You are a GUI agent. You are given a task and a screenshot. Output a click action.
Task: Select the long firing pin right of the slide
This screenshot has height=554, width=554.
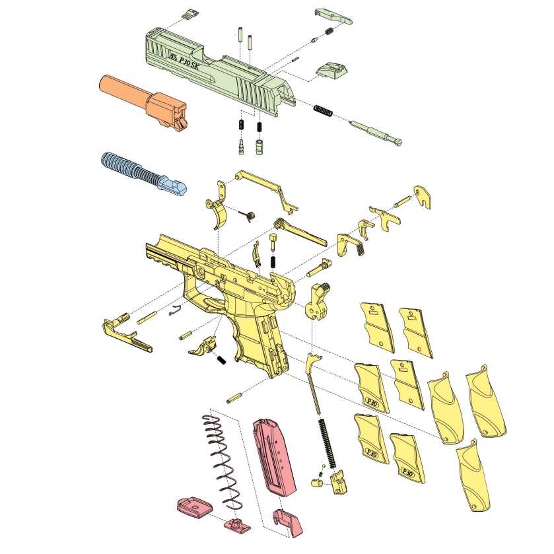point(377,131)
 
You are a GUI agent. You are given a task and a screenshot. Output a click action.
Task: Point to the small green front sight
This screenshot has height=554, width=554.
point(192,14)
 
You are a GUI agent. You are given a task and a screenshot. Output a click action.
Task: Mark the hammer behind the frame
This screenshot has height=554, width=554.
point(321,300)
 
